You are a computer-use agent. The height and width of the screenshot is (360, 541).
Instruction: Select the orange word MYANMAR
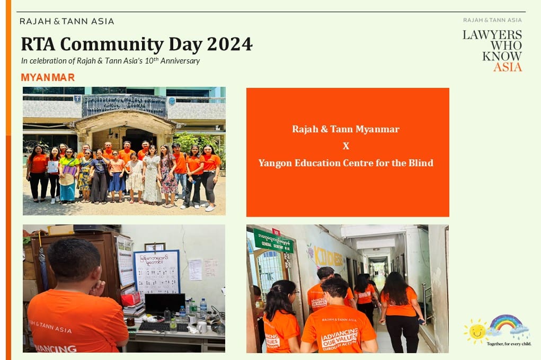click(x=48, y=77)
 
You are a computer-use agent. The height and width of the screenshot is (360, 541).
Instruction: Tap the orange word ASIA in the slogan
click(x=508, y=67)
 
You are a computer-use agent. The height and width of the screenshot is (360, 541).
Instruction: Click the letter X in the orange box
click(x=346, y=146)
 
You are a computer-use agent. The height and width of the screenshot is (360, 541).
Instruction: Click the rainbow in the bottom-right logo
click(x=505, y=323)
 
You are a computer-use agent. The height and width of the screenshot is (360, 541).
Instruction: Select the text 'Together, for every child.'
click(x=509, y=344)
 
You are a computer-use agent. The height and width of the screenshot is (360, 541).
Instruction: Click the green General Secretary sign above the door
click(x=273, y=240)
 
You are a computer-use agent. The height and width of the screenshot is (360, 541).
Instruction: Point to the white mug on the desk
click(x=202, y=327)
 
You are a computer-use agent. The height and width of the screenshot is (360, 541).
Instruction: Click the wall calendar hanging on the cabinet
click(x=125, y=262)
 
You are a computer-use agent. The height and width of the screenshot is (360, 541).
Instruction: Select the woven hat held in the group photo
click(x=67, y=179)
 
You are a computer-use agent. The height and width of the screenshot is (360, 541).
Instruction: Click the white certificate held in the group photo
click(x=53, y=167)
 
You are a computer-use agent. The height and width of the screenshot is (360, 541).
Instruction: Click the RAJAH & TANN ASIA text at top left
click(x=67, y=21)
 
